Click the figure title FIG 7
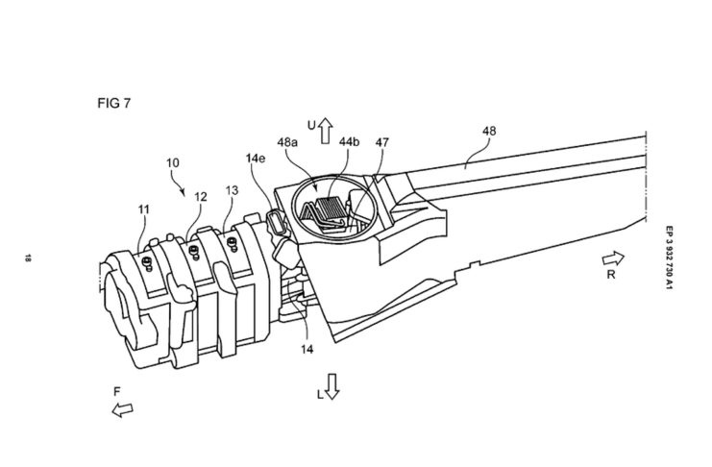[x=114, y=103]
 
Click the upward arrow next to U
[x=325, y=131]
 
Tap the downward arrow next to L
[x=332, y=386]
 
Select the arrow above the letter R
[x=613, y=258]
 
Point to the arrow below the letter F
[x=123, y=409]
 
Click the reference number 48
[x=489, y=131]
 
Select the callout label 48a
[x=287, y=142]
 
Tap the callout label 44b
[x=349, y=142]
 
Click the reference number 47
[x=381, y=142]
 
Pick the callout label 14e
[x=256, y=159]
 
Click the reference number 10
[x=173, y=162]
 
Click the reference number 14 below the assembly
[x=307, y=349]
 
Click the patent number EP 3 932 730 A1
[x=669, y=258]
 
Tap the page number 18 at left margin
[x=28, y=258]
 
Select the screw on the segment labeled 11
[x=147, y=263]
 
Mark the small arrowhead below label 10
[x=183, y=192]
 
